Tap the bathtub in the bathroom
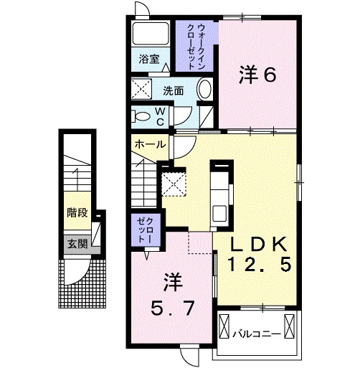(x=150, y=36)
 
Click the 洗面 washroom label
(x=173, y=91)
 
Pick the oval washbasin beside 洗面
(x=204, y=91)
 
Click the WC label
(x=161, y=116)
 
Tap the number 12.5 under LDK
(x=259, y=266)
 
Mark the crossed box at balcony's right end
(x=289, y=327)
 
